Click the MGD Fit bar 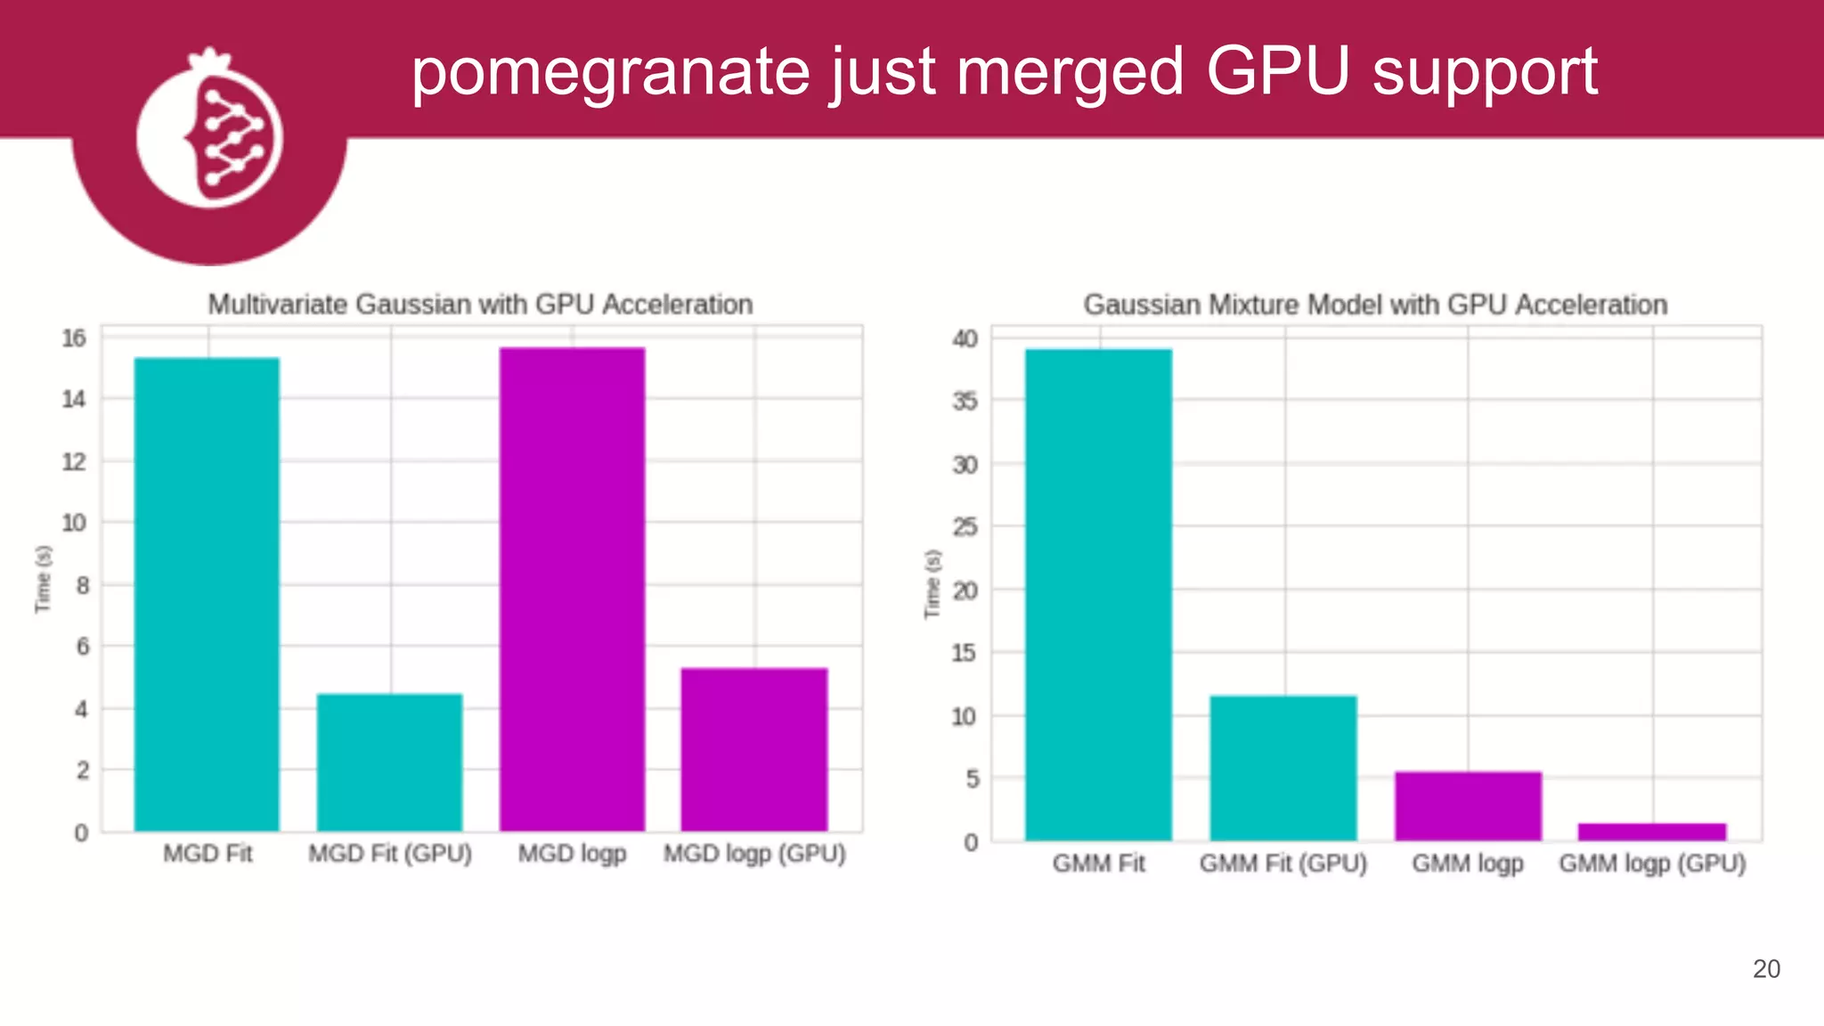207,594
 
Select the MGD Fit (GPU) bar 389,762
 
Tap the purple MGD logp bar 572,590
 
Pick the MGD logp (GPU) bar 754,749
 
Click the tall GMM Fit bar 1098,594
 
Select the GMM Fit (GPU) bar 1283,768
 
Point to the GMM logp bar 1468,806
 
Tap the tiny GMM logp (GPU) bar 1652,832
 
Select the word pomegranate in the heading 610,73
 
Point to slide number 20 1766,969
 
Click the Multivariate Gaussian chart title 480,305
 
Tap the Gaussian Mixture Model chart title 1375,305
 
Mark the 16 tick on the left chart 74,338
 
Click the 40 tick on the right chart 965,338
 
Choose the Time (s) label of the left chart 43,579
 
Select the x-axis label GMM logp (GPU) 1652,863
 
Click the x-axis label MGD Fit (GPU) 390,853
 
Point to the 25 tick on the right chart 965,527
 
